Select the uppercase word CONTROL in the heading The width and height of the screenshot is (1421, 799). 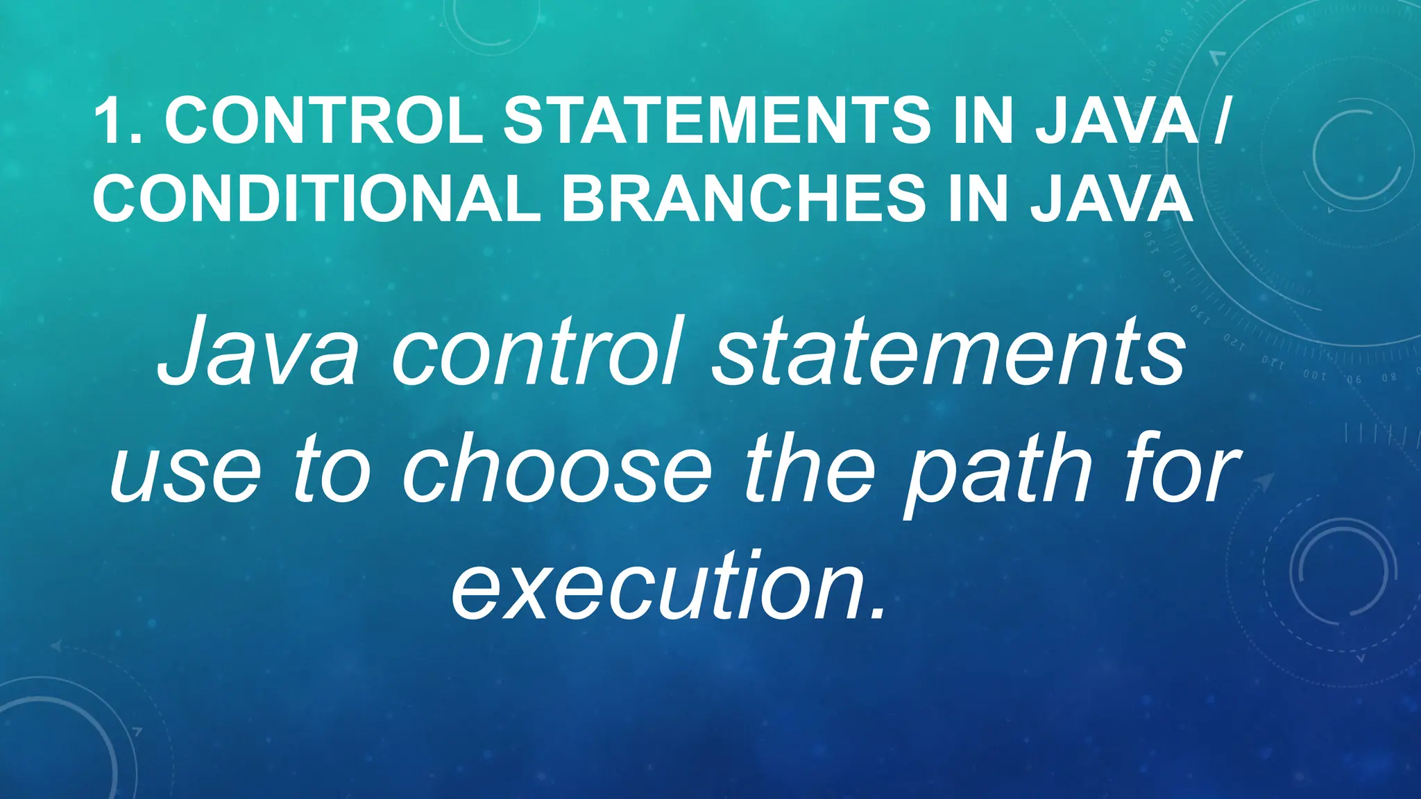tap(323, 122)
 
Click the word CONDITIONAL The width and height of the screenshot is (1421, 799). tap(316, 199)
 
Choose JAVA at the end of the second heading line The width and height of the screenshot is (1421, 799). tap(1112, 199)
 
